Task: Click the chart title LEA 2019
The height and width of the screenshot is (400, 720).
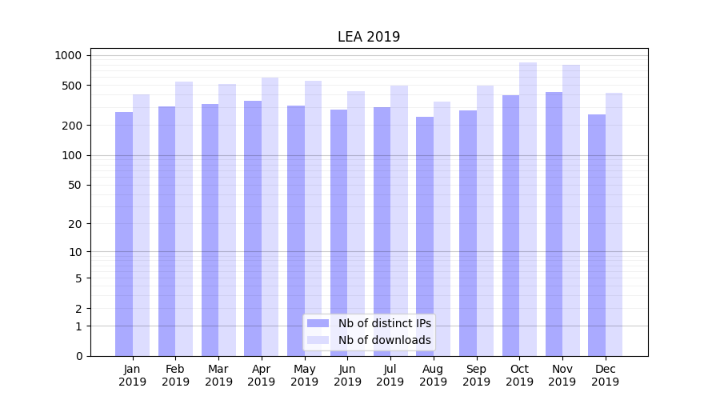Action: [x=369, y=37]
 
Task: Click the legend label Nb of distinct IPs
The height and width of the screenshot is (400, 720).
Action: [x=385, y=323]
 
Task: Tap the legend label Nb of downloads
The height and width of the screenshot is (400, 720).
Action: [x=385, y=340]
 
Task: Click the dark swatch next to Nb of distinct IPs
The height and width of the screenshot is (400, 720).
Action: [x=318, y=323]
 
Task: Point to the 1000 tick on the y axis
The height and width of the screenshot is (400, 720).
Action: [x=69, y=55]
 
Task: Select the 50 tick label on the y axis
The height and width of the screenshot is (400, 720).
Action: [x=75, y=185]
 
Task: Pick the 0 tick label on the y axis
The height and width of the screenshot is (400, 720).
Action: [x=78, y=356]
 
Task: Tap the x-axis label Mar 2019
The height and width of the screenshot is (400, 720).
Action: [x=218, y=375]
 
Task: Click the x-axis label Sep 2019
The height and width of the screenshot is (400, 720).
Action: [x=476, y=375]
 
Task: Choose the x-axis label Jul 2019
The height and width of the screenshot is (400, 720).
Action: [x=390, y=375]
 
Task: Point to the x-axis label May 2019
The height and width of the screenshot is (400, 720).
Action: [x=304, y=375]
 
